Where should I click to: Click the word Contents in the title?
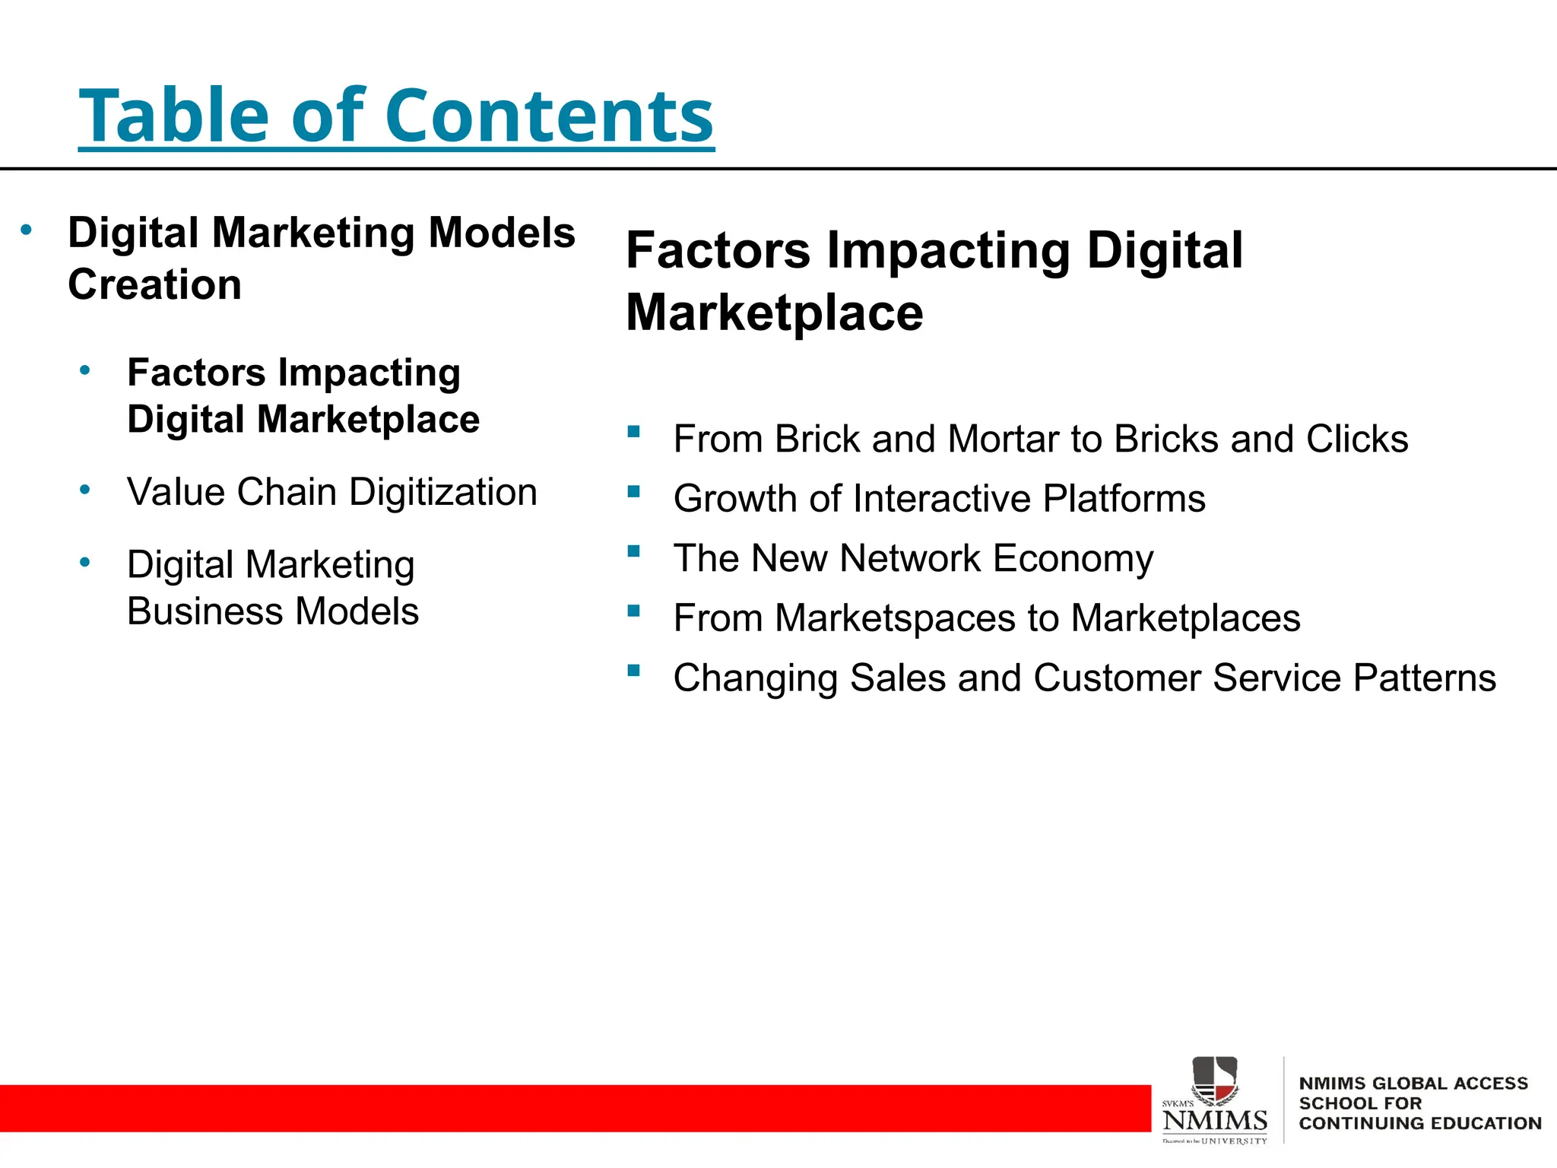tap(549, 116)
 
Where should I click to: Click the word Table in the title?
tap(174, 116)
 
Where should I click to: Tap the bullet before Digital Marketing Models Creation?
tap(27, 229)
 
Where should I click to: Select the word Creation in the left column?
tap(154, 284)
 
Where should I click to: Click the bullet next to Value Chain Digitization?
tap(85, 489)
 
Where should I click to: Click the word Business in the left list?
tap(205, 611)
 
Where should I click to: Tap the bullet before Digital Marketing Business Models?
tap(85, 562)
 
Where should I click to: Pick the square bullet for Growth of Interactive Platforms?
tap(633, 491)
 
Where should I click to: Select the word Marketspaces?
tap(895, 618)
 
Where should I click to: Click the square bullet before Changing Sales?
tap(633, 670)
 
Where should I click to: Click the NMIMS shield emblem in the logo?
tap(1214, 1080)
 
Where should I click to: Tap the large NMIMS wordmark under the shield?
tap(1215, 1120)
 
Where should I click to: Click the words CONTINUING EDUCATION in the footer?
tap(1419, 1123)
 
